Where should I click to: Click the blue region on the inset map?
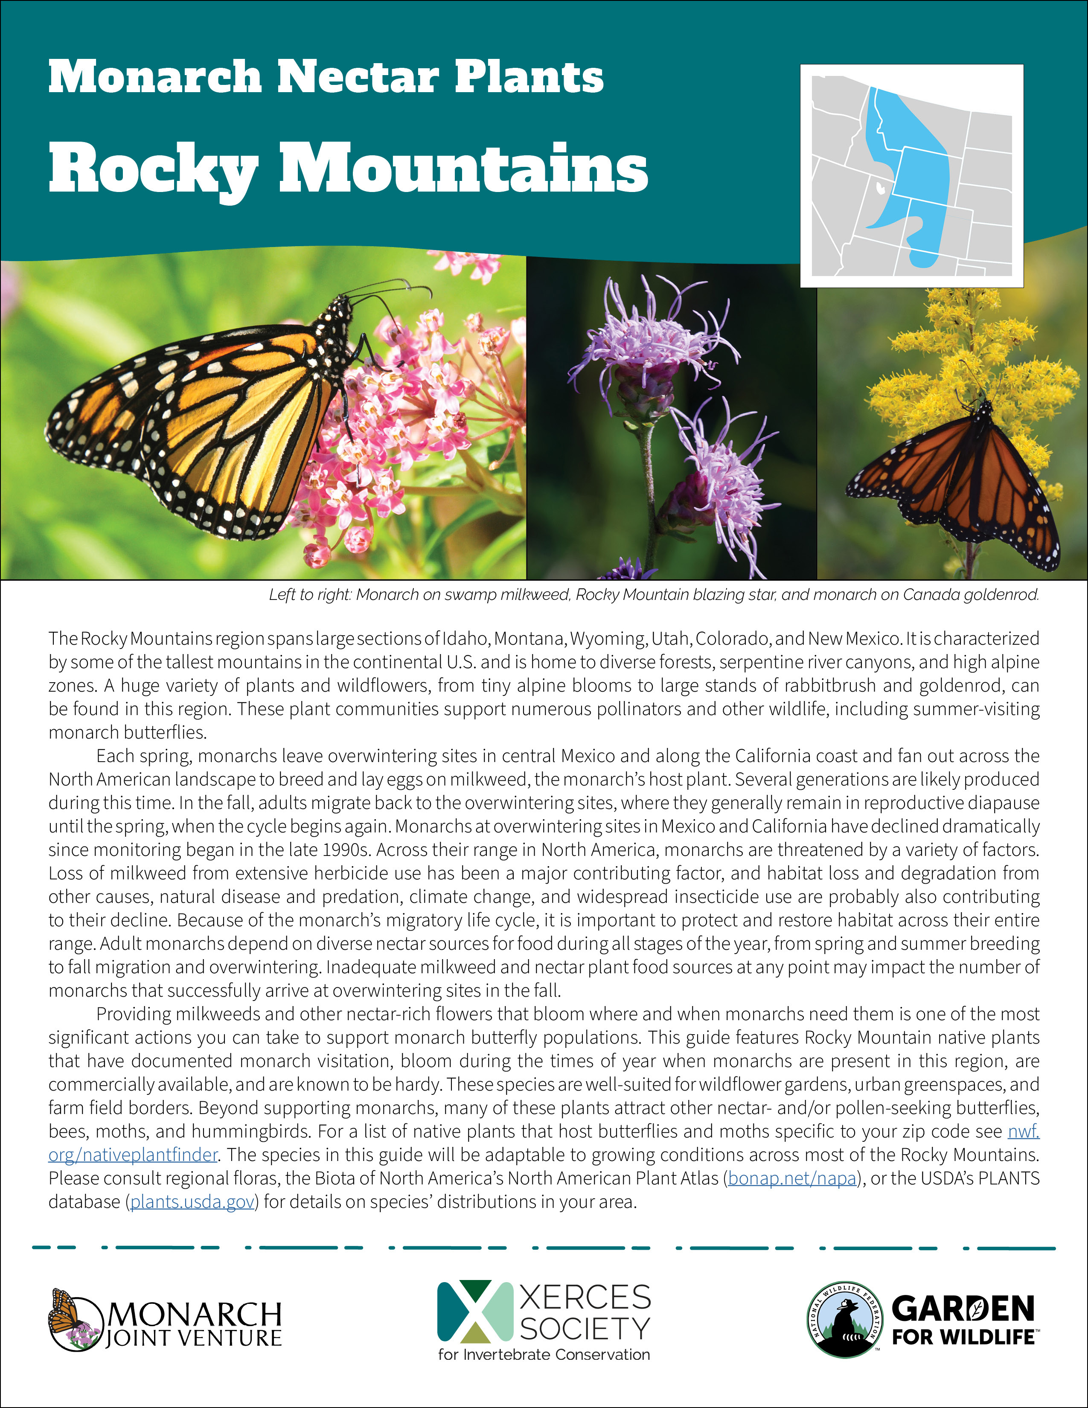(915, 174)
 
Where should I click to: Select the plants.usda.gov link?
(192, 1201)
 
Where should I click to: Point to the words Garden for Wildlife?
(963, 1321)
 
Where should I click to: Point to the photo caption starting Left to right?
(654, 594)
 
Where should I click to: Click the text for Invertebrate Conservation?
(543, 1355)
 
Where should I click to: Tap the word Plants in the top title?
(529, 77)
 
